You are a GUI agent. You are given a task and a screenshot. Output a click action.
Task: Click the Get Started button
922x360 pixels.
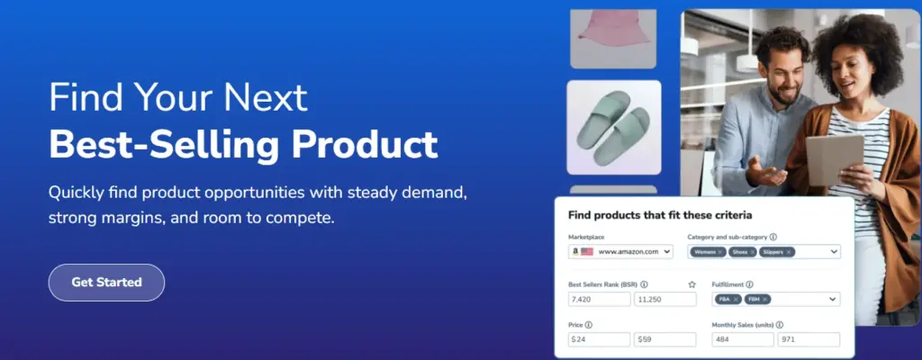(106, 282)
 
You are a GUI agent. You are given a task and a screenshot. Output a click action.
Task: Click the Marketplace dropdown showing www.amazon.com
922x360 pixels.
(621, 252)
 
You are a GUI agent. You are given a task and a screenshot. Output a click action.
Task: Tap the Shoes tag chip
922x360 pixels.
(743, 252)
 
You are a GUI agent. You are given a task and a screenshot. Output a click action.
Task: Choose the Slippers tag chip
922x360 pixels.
(777, 252)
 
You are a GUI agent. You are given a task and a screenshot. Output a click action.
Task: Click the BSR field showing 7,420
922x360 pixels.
(599, 299)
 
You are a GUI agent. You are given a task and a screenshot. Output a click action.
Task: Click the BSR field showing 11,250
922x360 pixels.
(664, 299)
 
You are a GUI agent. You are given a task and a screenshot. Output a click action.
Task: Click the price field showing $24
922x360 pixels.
(599, 339)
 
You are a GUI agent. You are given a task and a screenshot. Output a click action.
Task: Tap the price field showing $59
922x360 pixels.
(664, 339)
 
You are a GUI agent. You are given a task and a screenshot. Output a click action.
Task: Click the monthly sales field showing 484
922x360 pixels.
(742, 339)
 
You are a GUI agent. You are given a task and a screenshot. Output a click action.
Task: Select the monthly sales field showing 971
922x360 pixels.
(809, 339)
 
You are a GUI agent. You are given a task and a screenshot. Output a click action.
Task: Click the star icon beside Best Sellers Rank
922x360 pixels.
(691, 284)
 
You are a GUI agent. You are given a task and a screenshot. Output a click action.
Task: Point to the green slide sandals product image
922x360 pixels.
(613, 128)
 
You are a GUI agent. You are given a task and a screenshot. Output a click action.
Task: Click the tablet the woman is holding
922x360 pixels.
(834, 157)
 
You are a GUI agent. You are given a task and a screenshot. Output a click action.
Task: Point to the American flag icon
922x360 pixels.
(587, 252)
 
